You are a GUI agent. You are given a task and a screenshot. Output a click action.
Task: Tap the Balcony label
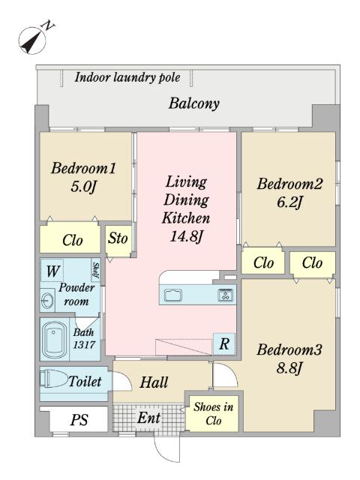click(194, 103)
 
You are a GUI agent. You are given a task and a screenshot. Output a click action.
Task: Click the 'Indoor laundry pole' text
click(127, 77)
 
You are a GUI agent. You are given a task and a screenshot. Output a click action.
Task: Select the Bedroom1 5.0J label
click(83, 177)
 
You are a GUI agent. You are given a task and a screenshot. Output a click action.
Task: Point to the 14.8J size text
click(186, 236)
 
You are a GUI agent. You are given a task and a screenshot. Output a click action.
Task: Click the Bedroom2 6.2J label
click(289, 193)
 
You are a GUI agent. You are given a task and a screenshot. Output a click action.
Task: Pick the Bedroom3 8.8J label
click(289, 358)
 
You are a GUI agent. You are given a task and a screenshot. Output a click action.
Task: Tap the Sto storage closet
click(118, 241)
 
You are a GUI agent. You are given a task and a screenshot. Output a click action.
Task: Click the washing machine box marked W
click(52, 270)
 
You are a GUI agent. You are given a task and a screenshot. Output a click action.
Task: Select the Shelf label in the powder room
click(96, 270)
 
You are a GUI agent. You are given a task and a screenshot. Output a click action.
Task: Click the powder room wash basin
click(47, 300)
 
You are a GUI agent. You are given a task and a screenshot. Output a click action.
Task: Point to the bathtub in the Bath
click(55, 339)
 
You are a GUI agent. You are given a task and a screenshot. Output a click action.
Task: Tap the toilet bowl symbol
click(53, 379)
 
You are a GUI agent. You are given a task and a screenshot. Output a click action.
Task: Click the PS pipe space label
click(79, 420)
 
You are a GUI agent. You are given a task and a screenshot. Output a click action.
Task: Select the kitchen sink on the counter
click(173, 295)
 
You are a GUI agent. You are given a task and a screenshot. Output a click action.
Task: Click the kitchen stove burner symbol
click(225, 295)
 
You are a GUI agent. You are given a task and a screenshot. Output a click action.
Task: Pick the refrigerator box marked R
click(224, 343)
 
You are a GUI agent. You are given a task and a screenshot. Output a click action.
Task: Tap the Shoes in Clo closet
click(213, 413)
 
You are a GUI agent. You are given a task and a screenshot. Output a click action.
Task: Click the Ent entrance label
click(148, 418)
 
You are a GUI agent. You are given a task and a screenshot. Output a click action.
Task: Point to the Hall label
click(154, 382)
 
